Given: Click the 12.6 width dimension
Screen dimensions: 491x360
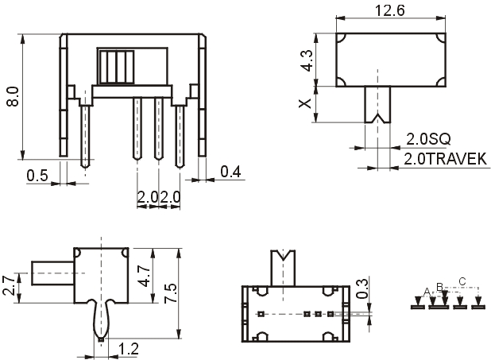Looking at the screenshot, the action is (389, 10).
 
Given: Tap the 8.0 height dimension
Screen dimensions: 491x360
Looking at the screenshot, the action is (14, 97).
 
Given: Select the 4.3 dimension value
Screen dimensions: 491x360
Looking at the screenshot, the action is (306, 60).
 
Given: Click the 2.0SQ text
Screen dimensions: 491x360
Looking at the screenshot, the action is (428, 139).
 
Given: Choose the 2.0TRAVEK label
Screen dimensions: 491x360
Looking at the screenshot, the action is (445, 159).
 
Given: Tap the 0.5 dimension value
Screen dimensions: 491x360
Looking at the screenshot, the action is (37, 176).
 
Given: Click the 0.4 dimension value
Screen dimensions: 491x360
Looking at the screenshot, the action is (230, 172).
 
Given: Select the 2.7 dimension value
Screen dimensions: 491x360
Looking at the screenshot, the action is (9, 285).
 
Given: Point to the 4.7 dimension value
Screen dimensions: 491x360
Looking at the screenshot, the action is (145, 276).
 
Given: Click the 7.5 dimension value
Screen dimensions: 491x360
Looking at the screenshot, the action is (171, 293).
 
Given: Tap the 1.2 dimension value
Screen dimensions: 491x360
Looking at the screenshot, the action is (129, 349).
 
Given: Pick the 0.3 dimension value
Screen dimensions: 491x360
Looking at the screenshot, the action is (362, 288).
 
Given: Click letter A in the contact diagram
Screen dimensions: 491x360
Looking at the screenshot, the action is (427, 292).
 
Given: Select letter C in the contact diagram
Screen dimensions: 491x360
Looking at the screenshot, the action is (462, 281).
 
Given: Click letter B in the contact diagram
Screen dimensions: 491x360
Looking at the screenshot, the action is (439, 287).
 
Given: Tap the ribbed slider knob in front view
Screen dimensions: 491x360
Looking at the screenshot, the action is (116, 67).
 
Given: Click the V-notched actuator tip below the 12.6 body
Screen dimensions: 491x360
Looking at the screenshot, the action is (377, 104).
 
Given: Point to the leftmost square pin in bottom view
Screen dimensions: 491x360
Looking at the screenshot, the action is (261, 314).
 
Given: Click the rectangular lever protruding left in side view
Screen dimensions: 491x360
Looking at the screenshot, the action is (52, 273).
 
